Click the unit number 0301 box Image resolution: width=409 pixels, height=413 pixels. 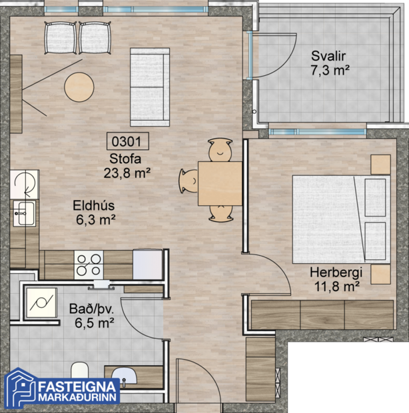tap(127, 141)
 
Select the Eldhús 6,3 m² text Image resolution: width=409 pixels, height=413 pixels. tap(95, 212)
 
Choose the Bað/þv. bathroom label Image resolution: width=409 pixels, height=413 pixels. tap(91, 316)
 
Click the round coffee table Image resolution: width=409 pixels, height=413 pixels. tap(79, 85)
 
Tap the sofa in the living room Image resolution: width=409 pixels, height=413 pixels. tap(151, 87)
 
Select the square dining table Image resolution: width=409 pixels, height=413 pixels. tap(219, 183)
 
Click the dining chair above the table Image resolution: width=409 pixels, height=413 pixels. tap(219, 151)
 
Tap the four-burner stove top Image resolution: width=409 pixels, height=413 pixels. tap(89, 264)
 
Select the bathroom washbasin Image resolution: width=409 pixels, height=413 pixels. tap(123, 376)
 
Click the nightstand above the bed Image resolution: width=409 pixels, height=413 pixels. tap(380, 164)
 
